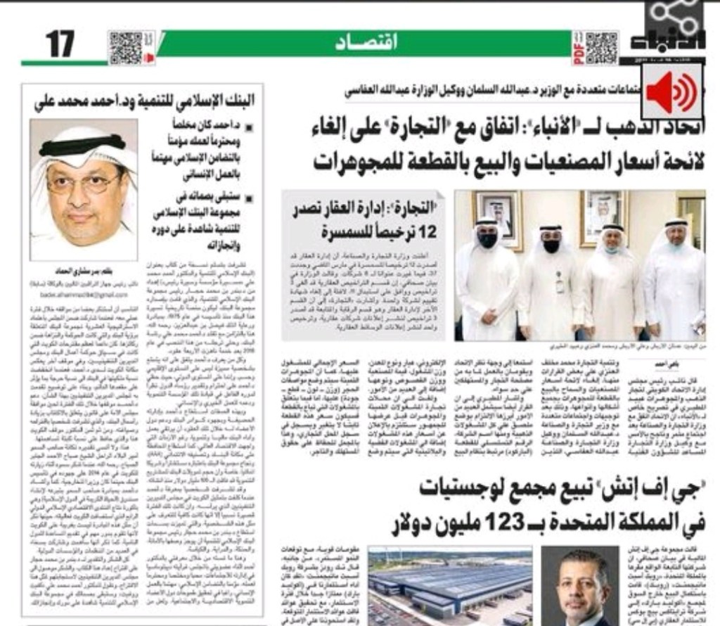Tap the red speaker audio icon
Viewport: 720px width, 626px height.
click(671, 92)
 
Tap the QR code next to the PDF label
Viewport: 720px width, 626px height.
click(602, 48)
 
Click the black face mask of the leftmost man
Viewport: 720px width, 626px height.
click(487, 241)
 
